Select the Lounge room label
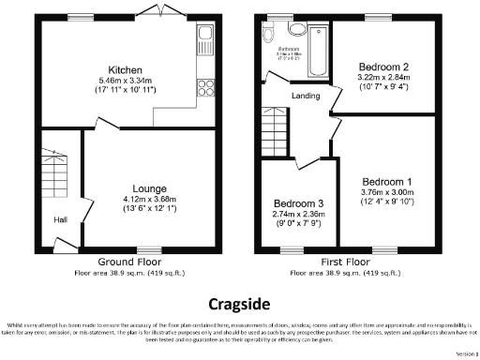click(x=149, y=188)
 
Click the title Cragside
click(x=240, y=304)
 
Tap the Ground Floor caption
click(x=128, y=262)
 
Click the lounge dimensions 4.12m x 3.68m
click(x=149, y=199)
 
